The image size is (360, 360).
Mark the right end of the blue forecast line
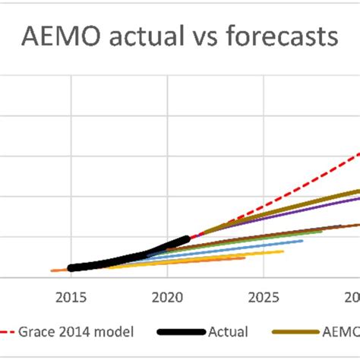[302, 241]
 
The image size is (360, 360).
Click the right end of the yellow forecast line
[283, 251]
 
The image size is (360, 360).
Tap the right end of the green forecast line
[321, 231]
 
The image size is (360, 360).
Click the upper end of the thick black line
[187, 238]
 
